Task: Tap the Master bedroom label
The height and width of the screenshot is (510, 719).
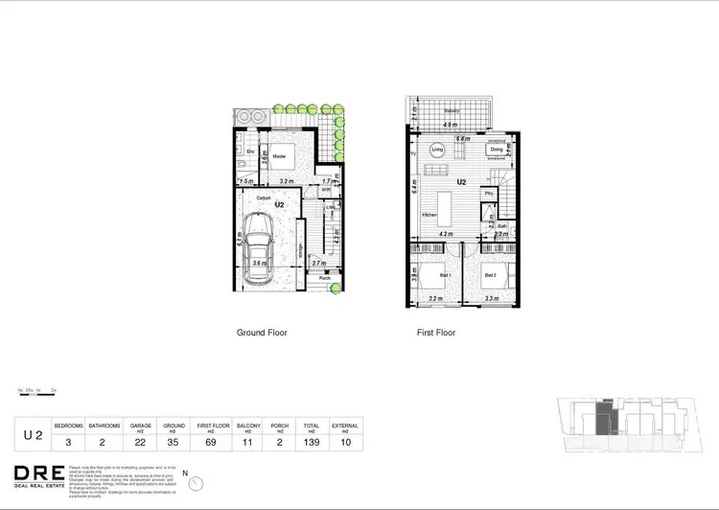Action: click(x=279, y=156)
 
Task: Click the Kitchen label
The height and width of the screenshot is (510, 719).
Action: click(x=429, y=215)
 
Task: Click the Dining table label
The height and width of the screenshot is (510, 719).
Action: click(x=497, y=150)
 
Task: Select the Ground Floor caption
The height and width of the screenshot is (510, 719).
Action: click(x=262, y=333)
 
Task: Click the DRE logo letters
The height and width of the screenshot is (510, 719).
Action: click(x=38, y=473)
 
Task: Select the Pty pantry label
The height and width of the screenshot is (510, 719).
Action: click(x=489, y=195)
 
